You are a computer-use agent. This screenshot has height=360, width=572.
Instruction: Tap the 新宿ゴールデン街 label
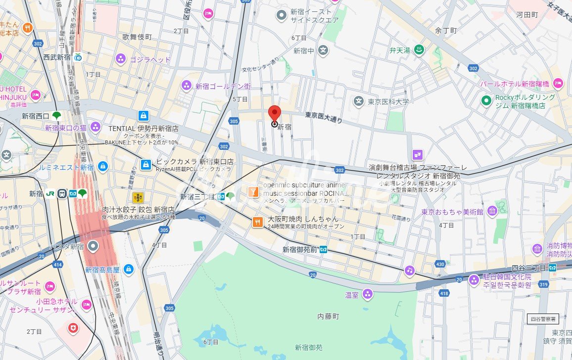click(x=223, y=86)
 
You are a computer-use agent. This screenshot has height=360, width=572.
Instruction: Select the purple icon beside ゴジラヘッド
click(x=120, y=60)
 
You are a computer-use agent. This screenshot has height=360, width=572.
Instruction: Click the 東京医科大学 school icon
click(x=358, y=101)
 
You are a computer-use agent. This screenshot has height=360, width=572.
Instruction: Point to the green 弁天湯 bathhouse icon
click(x=419, y=50)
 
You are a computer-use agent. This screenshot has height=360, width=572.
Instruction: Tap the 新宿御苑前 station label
click(x=299, y=250)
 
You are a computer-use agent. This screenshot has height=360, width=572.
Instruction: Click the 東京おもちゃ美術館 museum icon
click(x=492, y=212)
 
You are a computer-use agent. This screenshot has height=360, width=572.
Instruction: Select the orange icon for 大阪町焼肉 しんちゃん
click(x=257, y=222)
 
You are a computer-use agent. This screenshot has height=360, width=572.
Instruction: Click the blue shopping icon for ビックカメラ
click(x=146, y=164)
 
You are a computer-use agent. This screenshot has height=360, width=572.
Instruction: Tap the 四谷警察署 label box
click(x=543, y=318)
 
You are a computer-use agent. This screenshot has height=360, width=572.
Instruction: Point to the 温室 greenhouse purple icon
click(x=367, y=295)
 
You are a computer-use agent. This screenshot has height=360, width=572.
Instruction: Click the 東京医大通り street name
click(x=323, y=117)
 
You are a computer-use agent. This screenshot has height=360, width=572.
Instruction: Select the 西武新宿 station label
click(x=57, y=57)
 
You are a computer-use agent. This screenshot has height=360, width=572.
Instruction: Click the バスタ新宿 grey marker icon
click(x=93, y=246)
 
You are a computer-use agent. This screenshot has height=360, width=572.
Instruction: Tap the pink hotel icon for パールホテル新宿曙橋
click(x=558, y=83)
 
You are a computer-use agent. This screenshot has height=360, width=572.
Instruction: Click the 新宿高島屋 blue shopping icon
click(x=128, y=270)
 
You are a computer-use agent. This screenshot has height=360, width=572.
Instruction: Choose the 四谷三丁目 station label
click(x=527, y=268)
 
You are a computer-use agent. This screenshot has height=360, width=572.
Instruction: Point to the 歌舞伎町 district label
click(x=138, y=37)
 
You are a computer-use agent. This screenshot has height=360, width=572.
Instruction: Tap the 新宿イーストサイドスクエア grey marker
click(x=282, y=15)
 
